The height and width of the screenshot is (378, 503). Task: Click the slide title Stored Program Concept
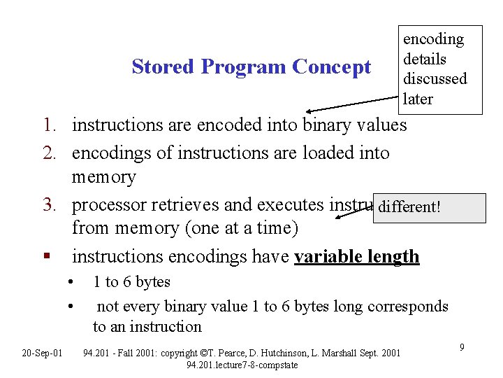[x=251, y=67]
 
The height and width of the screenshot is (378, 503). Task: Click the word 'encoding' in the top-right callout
[x=433, y=39]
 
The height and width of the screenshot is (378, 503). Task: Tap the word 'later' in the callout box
[x=418, y=99]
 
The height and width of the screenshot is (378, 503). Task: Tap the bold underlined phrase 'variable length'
[x=356, y=257]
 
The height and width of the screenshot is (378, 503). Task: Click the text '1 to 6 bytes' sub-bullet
[x=132, y=282]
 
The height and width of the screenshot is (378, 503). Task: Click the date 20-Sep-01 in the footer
[x=42, y=352]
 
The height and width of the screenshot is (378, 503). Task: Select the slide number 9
[x=462, y=346]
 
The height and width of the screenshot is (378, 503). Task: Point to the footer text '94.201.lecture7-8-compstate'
[x=242, y=365]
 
